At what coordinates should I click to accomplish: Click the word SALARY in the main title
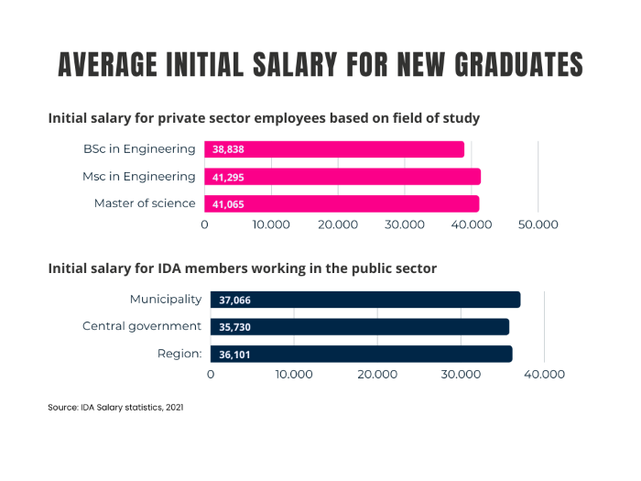click(x=295, y=65)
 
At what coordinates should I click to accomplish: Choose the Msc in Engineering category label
click(x=144, y=176)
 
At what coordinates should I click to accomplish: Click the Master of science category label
click(x=145, y=202)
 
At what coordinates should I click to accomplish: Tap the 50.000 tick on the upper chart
click(x=538, y=224)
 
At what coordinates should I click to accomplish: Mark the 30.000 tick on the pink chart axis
click(x=404, y=224)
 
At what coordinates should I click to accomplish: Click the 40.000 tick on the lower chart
click(x=544, y=375)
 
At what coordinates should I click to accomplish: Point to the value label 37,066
click(x=234, y=300)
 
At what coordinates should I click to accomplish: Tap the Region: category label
click(x=177, y=353)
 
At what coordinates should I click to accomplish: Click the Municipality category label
click(x=165, y=299)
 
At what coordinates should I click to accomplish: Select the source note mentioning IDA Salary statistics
click(x=115, y=407)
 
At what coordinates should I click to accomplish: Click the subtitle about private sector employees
click(x=264, y=118)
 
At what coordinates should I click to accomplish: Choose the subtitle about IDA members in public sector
click(x=242, y=268)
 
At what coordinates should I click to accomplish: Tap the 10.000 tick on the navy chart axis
click(x=294, y=375)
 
